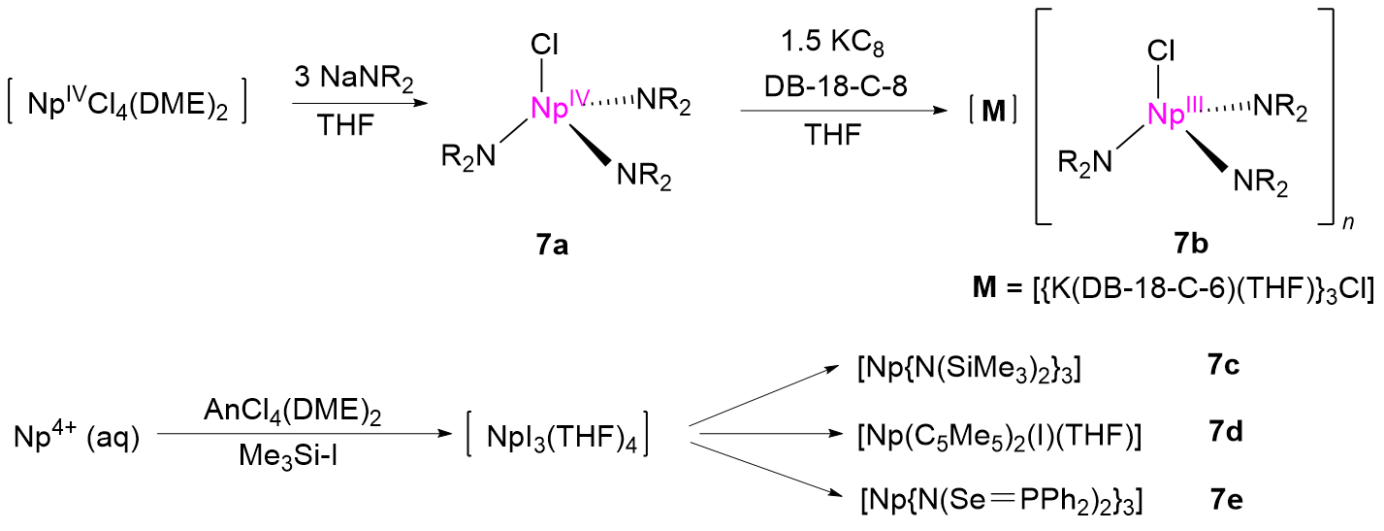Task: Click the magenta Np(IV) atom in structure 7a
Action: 555,108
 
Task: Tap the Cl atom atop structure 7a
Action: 545,44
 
